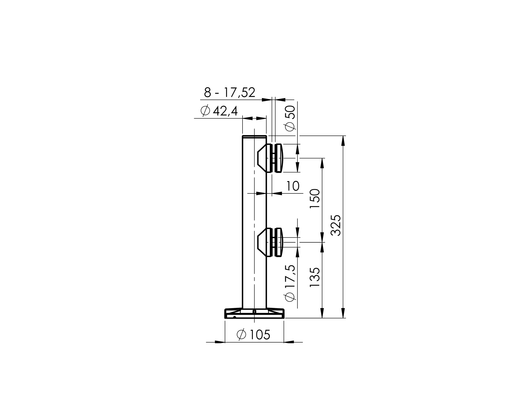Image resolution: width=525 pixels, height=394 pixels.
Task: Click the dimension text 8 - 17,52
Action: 229,93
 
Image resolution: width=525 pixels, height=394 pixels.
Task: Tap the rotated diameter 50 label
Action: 290,118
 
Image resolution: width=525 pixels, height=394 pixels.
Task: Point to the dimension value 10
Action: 293,186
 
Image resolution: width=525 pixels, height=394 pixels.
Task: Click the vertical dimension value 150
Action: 315,199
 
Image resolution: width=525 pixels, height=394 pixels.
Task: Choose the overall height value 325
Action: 336,225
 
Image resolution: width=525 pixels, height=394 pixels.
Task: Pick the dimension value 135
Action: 315,277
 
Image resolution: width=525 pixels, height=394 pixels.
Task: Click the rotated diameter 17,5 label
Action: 290,283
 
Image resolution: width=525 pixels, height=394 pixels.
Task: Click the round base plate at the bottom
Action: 254,314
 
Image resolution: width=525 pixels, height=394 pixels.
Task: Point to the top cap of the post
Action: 254,136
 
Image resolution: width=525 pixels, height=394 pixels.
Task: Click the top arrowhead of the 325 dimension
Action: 343,140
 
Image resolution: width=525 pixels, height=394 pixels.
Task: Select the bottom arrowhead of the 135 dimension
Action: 322,313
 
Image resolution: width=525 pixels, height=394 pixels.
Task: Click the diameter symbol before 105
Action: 241,335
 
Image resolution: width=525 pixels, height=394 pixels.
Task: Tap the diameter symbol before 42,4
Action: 205,111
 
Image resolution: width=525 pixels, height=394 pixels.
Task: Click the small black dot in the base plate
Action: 235,317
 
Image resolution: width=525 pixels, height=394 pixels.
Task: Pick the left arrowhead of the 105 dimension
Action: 220,342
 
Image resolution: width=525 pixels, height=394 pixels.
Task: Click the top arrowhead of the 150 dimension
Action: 322,163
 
